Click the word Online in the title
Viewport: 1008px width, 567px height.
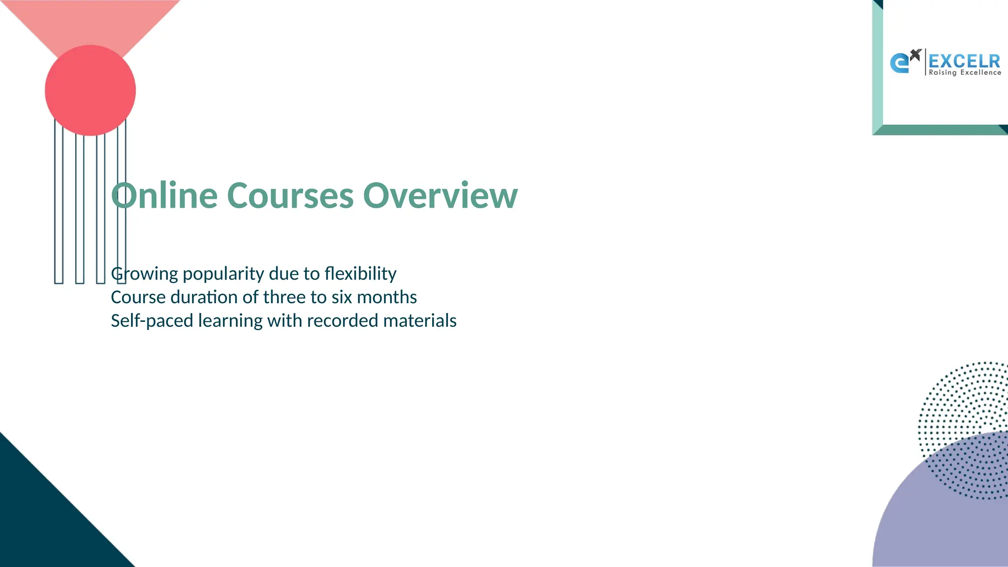[x=164, y=196]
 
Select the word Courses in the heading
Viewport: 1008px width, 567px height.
[x=290, y=196]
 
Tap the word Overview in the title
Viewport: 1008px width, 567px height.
[x=440, y=196]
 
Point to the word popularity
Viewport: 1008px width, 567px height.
[x=223, y=274]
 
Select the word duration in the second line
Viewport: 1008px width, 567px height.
[x=204, y=297]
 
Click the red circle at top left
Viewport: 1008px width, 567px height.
[x=90, y=90]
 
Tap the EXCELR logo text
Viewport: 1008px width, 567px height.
[x=964, y=61]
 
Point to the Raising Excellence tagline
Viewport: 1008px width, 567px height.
[x=965, y=73]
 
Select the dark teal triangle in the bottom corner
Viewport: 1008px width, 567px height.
[x=39, y=522]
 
